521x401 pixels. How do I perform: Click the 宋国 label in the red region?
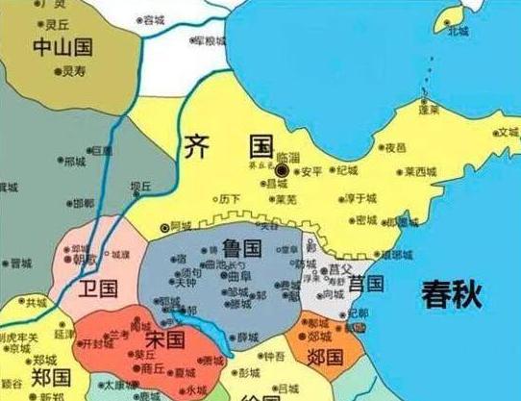(164, 339)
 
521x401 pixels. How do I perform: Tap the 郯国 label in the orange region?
(327, 358)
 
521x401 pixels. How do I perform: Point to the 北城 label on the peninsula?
(458, 31)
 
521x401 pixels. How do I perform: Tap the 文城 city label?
(506, 132)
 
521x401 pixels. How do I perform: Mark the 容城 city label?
(154, 20)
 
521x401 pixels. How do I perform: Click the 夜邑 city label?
(396, 149)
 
